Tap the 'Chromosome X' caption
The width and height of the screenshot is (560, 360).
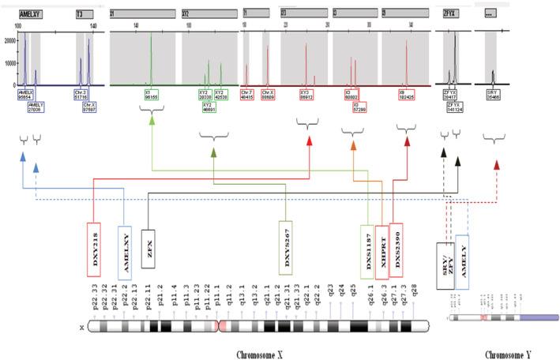(x=261, y=352)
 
